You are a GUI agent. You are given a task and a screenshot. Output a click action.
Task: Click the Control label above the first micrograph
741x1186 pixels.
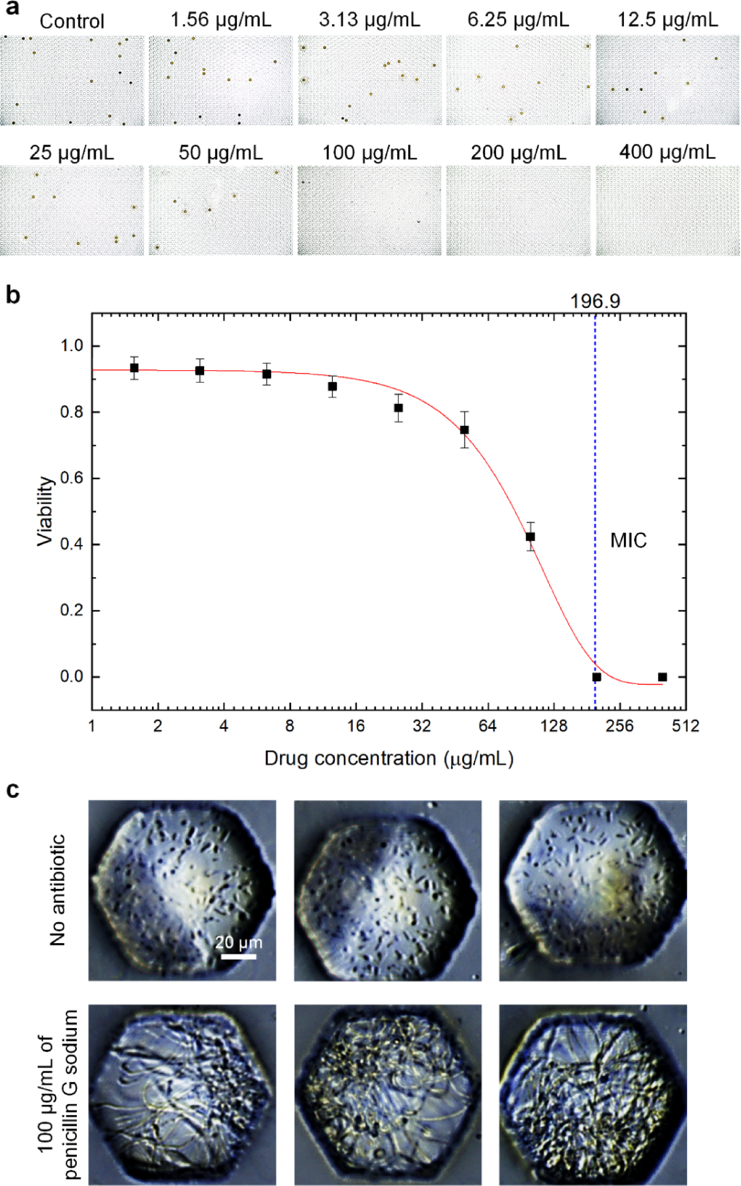click(72, 21)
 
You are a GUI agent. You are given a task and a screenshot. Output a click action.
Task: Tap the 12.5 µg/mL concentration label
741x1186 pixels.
click(667, 20)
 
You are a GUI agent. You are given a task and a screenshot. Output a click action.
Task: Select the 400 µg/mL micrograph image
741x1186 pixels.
click(667, 210)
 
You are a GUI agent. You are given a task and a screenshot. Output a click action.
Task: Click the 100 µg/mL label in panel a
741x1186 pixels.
click(369, 153)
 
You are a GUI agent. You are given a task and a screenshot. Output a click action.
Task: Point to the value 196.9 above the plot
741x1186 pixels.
click(595, 301)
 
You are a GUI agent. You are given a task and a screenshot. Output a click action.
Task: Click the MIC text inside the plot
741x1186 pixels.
click(628, 540)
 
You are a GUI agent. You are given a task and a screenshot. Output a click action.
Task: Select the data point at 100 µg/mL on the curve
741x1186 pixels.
click(530, 537)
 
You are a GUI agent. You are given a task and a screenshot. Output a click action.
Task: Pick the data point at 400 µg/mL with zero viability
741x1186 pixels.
click(663, 677)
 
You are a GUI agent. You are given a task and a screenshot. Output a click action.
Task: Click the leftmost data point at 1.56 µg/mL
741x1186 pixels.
click(134, 368)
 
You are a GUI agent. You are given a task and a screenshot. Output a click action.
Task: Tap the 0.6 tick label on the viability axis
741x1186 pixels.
click(72, 478)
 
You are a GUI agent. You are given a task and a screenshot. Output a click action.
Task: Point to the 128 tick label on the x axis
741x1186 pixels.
click(554, 726)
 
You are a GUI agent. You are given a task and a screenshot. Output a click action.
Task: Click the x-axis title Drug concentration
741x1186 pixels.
click(389, 758)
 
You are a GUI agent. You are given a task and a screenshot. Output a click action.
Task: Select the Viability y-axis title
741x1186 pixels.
click(45, 511)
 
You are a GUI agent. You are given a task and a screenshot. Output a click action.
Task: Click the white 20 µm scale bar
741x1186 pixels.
click(238, 957)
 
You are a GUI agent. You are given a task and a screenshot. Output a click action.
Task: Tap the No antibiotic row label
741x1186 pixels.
click(57, 890)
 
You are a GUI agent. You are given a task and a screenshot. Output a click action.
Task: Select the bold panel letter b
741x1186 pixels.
click(13, 295)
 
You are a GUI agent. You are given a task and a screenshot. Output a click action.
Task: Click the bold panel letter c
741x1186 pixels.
click(12, 790)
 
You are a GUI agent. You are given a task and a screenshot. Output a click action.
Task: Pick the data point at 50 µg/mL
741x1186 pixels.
click(464, 430)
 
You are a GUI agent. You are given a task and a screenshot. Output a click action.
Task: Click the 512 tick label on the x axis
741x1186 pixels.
click(686, 726)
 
